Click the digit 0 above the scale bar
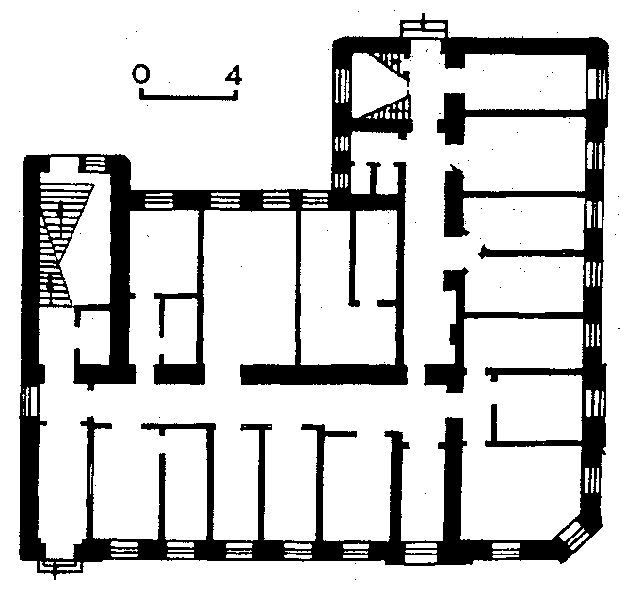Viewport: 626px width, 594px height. coord(140,74)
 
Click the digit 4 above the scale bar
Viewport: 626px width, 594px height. coord(233,75)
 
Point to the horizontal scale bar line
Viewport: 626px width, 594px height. coord(188,95)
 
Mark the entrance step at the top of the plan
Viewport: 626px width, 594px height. coord(424,29)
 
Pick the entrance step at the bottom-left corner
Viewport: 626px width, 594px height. coord(60,566)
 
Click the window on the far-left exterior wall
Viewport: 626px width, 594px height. coord(29,401)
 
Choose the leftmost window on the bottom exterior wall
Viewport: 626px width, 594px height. coord(124,549)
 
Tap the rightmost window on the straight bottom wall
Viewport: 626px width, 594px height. coord(506,550)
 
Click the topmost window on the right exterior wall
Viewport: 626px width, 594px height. coord(598,84)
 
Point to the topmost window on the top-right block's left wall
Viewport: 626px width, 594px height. coord(342,85)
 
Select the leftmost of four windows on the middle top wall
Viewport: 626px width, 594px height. coord(159,201)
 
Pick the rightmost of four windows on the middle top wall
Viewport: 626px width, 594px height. coord(315,201)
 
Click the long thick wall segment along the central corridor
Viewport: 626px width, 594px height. coord(324,375)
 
